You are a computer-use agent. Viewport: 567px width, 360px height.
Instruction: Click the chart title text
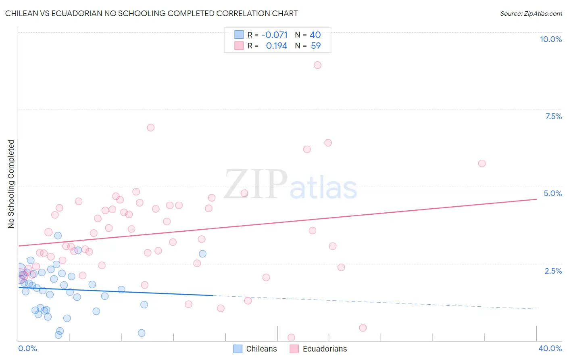(151, 13)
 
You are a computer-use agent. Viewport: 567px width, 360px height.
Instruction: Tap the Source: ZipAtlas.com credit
(531, 13)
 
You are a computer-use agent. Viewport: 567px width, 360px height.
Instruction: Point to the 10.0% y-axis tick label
(550, 39)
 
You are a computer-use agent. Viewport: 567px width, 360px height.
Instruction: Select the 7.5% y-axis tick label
(553, 116)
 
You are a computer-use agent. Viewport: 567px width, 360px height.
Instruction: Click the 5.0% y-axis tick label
(552, 193)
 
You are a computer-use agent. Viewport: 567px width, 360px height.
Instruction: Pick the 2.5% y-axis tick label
(553, 271)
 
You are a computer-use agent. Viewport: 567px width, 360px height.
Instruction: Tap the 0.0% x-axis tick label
(27, 348)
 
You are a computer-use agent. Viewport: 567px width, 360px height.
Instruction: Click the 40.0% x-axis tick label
(550, 348)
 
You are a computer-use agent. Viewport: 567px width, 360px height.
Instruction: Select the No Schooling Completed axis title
(11, 184)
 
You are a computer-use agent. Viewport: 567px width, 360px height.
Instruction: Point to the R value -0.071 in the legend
(274, 35)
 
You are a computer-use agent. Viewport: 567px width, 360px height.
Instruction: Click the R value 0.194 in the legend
(276, 46)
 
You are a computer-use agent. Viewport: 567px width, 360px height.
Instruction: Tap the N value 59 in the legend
(316, 46)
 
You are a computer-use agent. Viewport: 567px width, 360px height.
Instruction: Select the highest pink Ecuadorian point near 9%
(317, 65)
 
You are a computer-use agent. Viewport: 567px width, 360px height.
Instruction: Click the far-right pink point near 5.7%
(482, 163)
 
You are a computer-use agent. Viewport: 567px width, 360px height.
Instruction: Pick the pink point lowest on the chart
(291, 337)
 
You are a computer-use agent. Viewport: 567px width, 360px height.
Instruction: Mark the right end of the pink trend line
(536, 199)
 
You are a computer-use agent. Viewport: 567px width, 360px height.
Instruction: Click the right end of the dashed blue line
(536, 309)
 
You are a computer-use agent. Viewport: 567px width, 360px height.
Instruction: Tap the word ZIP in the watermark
(256, 184)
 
